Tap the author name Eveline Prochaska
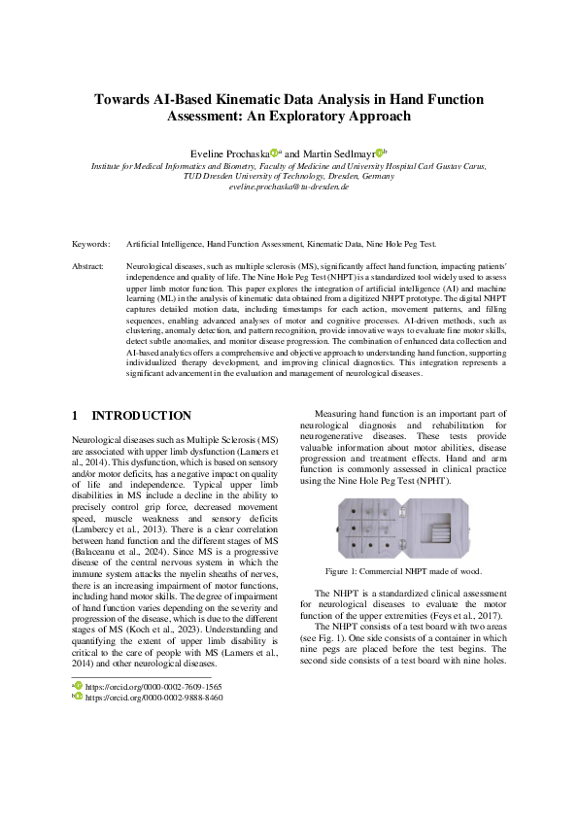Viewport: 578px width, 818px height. [x=232, y=153]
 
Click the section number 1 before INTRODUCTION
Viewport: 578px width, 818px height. [x=76, y=416]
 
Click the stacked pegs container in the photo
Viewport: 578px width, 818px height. [x=444, y=526]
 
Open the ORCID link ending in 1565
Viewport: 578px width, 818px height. [x=154, y=686]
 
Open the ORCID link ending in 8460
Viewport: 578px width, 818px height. [x=154, y=698]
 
